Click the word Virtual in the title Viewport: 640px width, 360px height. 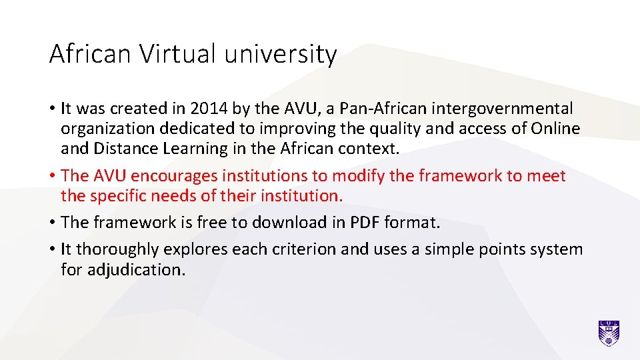(178, 54)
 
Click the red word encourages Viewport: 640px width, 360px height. (175, 176)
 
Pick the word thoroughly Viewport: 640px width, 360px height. (118, 250)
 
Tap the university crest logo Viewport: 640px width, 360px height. (609, 333)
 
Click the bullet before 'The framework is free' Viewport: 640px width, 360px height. (52, 223)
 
